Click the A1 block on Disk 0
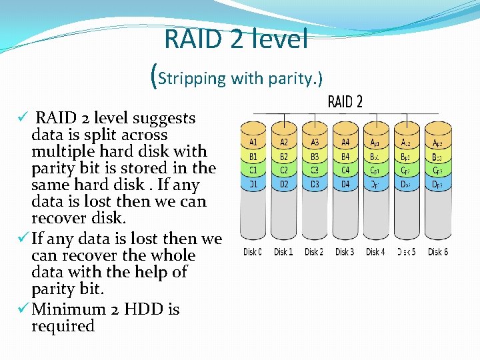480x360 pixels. click(254, 142)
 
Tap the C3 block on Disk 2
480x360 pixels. click(315, 170)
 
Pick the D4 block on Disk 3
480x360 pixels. click(345, 183)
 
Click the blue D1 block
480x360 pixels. click(254, 183)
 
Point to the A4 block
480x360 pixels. click(345, 142)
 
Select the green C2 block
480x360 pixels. click(284, 170)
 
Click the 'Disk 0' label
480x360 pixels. click(253, 252)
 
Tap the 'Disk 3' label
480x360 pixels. click(344, 252)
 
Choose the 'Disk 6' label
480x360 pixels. click(438, 252)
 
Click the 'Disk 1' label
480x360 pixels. click(283, 252)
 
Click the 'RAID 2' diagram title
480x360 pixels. click(345, 102)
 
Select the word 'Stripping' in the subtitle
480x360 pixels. click(193, 79)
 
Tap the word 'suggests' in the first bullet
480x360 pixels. click(164, 119)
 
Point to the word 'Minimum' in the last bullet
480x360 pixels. click(69, 309)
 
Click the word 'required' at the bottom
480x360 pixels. click(63, 326)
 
